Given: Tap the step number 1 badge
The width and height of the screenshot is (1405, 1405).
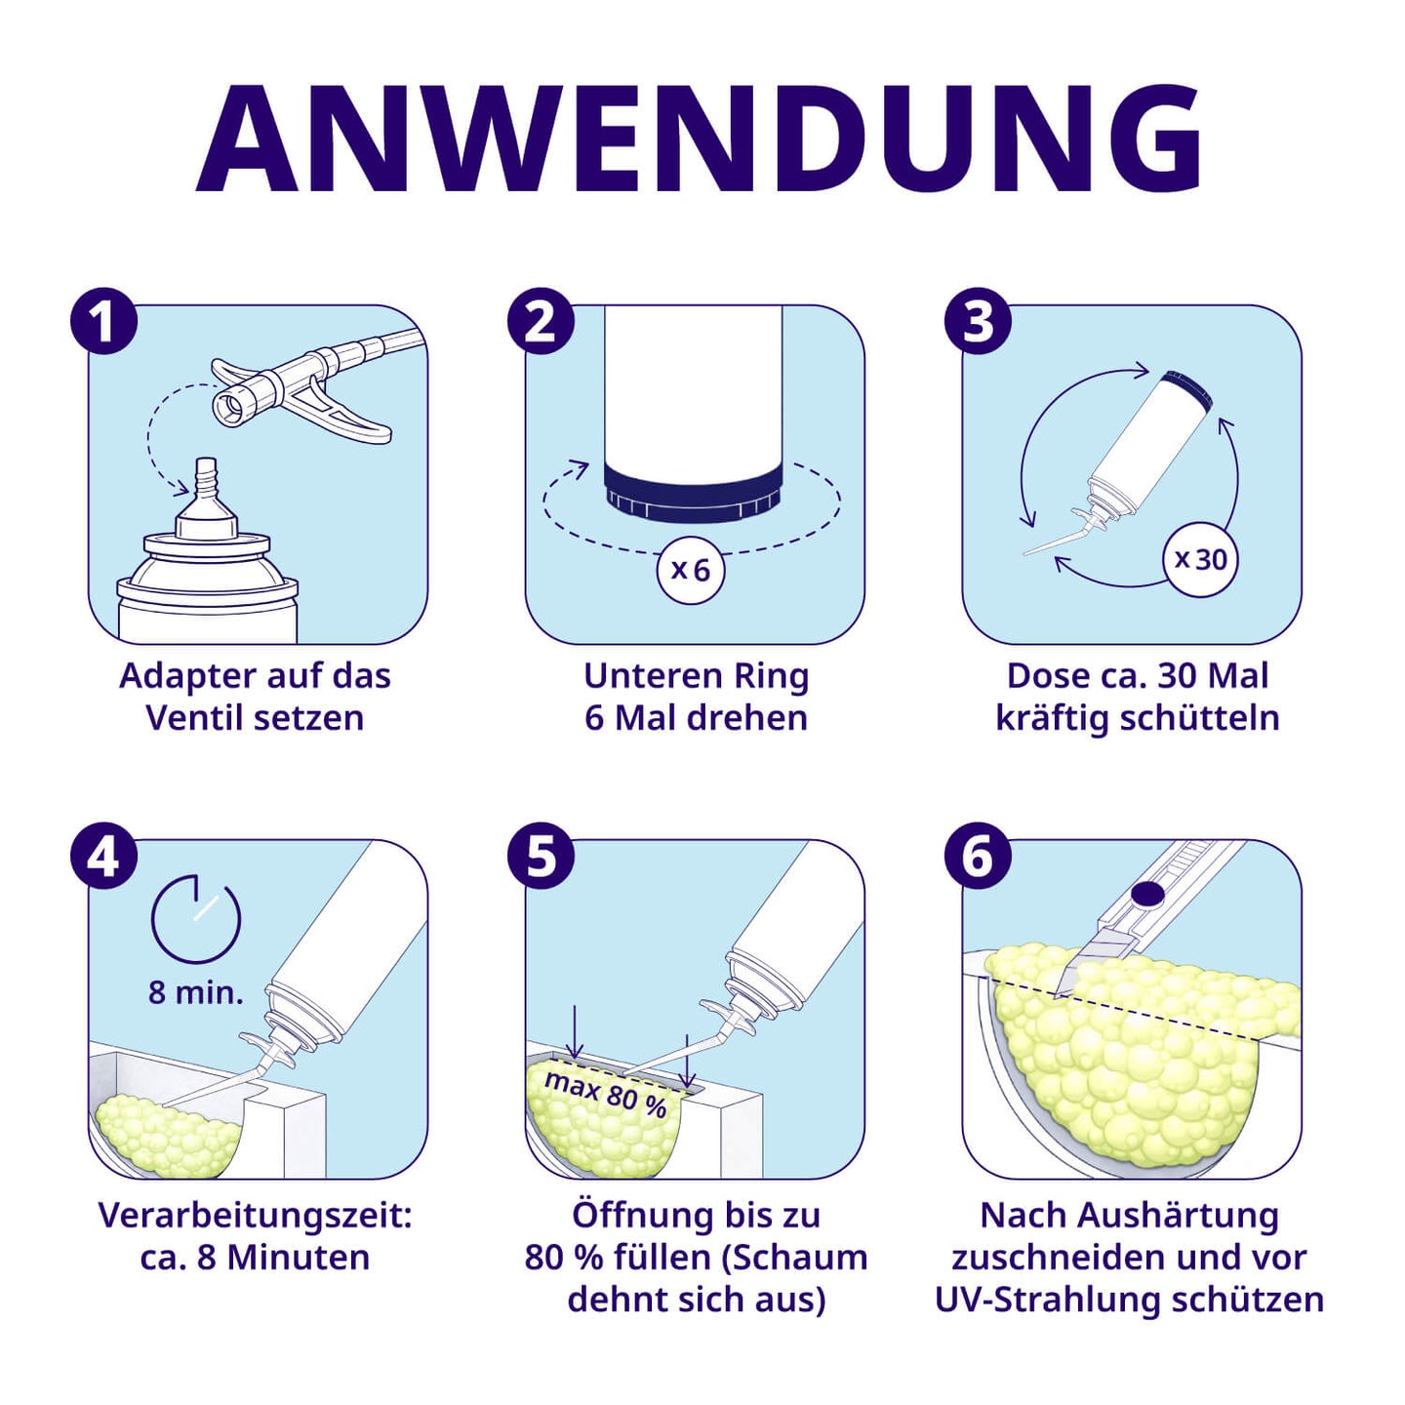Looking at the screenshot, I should coord(103,321).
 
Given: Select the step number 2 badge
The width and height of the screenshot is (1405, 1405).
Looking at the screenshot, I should coord(541,321).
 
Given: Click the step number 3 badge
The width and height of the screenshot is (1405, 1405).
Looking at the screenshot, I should coord(978,321).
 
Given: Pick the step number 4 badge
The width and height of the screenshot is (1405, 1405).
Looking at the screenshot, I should coord(103,856).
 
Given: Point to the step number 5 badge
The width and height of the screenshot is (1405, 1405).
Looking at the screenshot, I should coord(541,856).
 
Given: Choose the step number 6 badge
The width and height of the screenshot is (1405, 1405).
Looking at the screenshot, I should coord(978,856).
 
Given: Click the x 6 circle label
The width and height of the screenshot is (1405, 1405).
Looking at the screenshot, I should coord(691,569).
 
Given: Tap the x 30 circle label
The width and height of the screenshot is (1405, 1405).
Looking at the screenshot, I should coord(1200,559).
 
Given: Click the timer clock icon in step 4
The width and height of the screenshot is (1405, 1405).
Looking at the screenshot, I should coord(196,919).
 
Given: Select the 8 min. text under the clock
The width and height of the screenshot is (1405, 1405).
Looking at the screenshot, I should coord(195,992).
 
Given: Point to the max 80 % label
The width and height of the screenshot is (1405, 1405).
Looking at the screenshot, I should coord(606,1094).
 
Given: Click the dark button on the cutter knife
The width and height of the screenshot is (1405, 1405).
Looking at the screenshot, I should coord(1146,893).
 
